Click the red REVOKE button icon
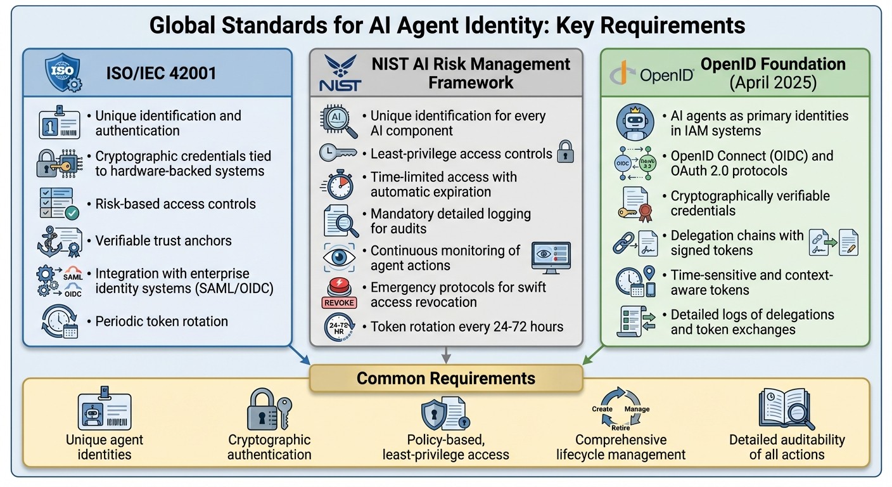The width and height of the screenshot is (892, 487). (x=339, y=294)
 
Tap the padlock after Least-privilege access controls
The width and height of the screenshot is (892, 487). (x=564, y=153)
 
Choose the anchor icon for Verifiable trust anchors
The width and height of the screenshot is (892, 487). (x=58, y=242)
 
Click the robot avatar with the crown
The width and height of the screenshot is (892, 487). (x=635, y=122)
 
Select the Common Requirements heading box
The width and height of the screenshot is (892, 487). (x=445, y=379)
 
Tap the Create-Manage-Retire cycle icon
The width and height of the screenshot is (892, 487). (x=620, y=410)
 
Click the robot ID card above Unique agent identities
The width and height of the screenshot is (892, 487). (x=104, y=412)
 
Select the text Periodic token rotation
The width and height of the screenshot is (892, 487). (x=162, y=321)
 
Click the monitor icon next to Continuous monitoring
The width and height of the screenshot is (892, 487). (x=551, y=257)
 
